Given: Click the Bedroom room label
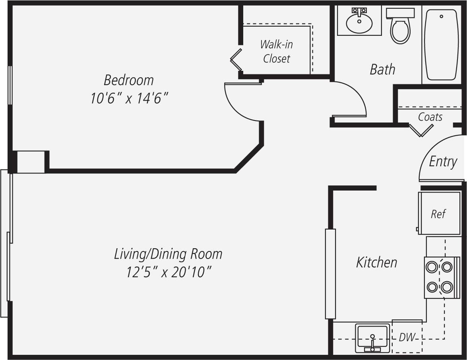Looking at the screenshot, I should click(128, 80).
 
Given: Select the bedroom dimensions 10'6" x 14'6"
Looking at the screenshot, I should click(127, 98).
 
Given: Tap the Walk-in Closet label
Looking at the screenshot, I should click(277, 51).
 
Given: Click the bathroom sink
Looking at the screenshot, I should click(359, 23).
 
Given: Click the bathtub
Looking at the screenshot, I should click(441, 44).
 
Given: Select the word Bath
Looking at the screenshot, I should click(382, 69).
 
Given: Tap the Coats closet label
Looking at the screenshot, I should click(430, 117).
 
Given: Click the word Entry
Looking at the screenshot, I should click(443, 162).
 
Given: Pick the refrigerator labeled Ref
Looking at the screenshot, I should click(439, 214).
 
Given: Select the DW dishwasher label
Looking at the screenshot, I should click(407, 338).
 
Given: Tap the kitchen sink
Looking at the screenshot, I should click(372, 338).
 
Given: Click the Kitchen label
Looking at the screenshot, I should click(376, 263).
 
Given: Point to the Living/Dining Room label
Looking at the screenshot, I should click(168, 254).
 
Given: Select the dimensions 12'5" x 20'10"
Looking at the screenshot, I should click(168, 272).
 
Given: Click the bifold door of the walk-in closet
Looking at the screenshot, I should click(236, 60).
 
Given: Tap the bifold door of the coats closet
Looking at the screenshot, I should click(421, 130).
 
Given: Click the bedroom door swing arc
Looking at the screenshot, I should click(238, 105).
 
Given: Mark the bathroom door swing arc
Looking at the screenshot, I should click(352, 97).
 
